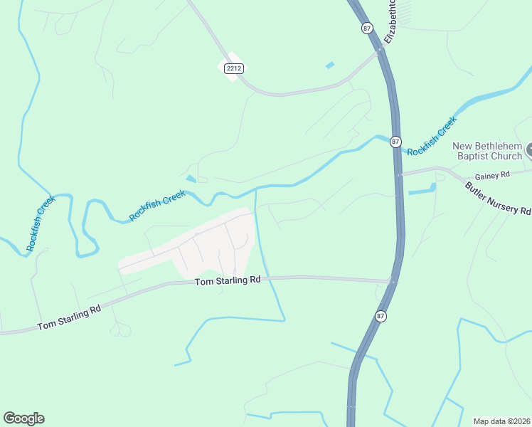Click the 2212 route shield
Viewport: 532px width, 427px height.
(231, 68)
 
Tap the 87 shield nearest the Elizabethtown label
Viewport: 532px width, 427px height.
(366, 28)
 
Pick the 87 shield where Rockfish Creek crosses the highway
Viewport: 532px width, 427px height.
(396, 142)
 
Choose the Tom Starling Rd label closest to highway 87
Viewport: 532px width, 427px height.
(228, 281)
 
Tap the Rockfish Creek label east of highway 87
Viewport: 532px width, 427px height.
(432, 137)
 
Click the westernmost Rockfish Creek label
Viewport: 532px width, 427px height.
(41, 223)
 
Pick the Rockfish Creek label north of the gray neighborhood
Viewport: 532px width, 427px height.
(157, 206)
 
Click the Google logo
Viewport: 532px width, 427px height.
(23, 418)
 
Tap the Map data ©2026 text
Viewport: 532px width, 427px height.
(501, 421)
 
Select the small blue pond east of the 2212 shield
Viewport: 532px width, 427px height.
(329, 65)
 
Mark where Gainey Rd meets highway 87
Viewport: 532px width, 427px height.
(400, 173)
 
